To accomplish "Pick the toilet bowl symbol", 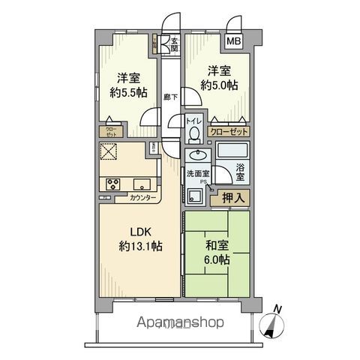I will [x=194, y=135].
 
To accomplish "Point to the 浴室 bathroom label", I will [x=241, y=172].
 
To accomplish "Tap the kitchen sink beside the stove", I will [x=142, y=184].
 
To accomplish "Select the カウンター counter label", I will [x=142, y=198].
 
